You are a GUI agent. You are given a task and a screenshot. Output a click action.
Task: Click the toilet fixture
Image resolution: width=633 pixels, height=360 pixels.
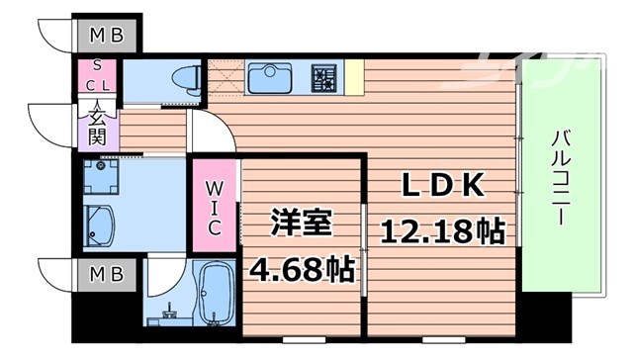[x=184, y=78]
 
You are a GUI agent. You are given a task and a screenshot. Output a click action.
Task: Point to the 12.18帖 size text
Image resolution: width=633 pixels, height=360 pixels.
[x=443, y=232]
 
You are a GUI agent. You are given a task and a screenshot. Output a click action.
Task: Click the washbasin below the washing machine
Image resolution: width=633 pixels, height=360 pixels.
[x=100, y=225]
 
